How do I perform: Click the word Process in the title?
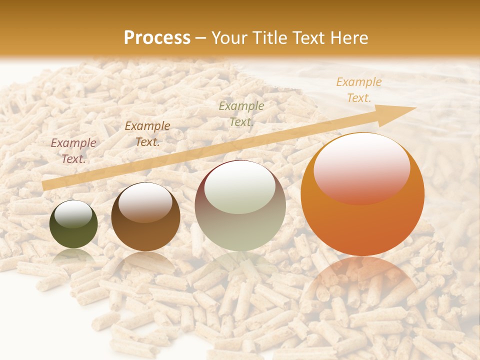click(x=157, y=38)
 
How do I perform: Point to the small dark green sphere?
click(x=73, y=230)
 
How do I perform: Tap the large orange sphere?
click(x=362, y=220)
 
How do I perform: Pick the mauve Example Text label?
click(x=73, y=150)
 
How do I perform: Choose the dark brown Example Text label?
click(x=147, y=133)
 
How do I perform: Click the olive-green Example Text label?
click(x=241, y=113)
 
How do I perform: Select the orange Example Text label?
click(x=359, y=90)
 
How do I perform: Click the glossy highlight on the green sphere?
click(x=73, y=214)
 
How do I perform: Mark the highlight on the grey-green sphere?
click(x=240, y=188)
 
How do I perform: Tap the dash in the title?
click(x=201, y=38)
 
